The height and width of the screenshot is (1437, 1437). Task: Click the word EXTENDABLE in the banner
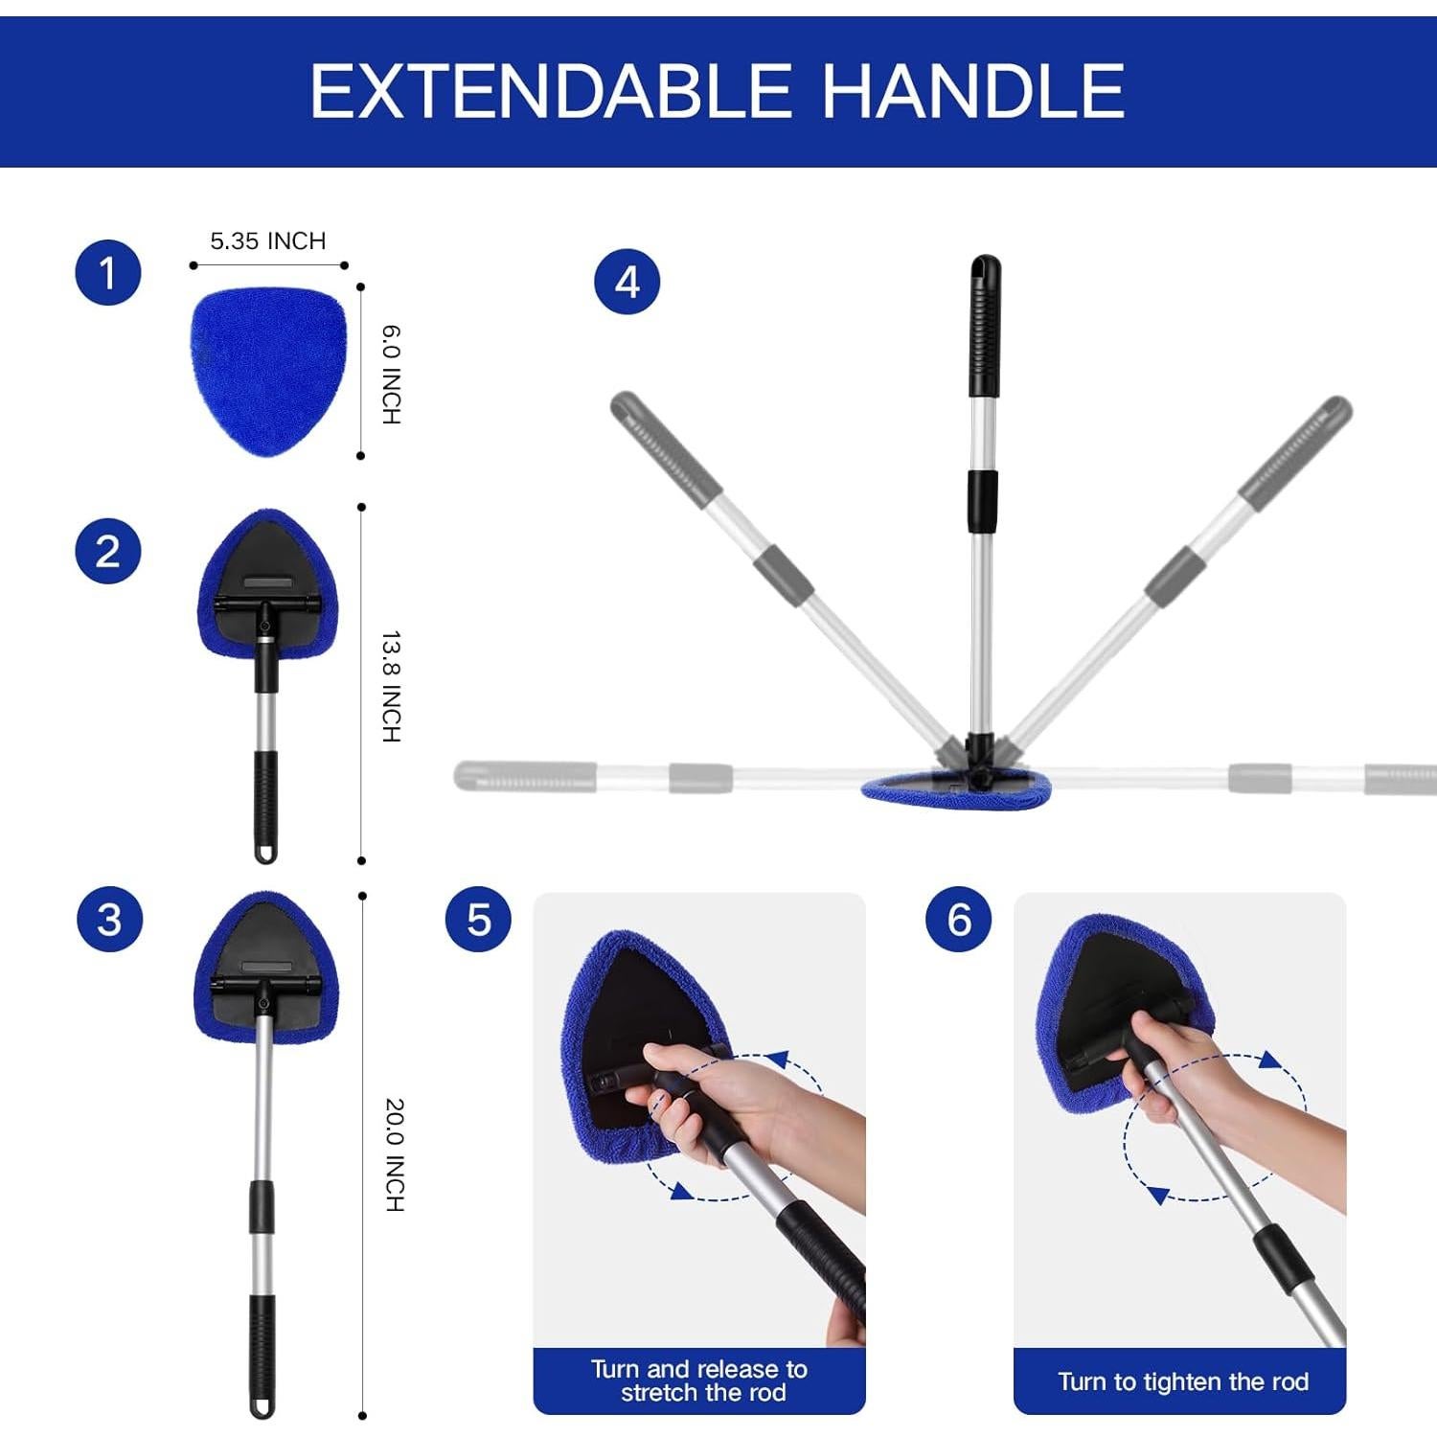tap(550, 92)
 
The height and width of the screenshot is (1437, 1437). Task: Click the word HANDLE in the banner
tap(973, 92)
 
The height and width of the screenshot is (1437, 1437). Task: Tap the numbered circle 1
tap(108, 273)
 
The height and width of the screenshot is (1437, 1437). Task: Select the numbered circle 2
tap(108, 551)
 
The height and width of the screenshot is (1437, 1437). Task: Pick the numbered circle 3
tap(109, 920)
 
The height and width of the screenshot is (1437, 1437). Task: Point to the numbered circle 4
tap(627, 283)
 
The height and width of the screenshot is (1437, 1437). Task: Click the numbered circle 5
tap(478, 920)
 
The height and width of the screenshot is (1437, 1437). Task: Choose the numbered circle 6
tap(958, 920)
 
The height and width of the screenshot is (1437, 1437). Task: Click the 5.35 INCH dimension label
tap(268, 241)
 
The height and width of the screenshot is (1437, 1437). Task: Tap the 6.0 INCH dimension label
tap(392, 375)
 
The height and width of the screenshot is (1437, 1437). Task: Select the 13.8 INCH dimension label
tap(392, 686)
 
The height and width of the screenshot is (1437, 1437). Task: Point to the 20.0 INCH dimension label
tap(394, 1154)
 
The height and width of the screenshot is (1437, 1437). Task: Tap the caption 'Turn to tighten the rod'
tap(1182, 1381)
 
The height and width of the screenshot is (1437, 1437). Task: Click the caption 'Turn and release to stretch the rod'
tap(699, 1380)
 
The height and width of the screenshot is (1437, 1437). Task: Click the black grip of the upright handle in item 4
tap(984, 331)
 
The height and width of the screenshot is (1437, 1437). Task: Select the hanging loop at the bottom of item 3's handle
tap(262, 1405)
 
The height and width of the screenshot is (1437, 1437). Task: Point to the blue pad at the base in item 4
tap(956, 793)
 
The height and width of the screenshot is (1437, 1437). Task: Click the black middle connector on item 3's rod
tap(262, 1207)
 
